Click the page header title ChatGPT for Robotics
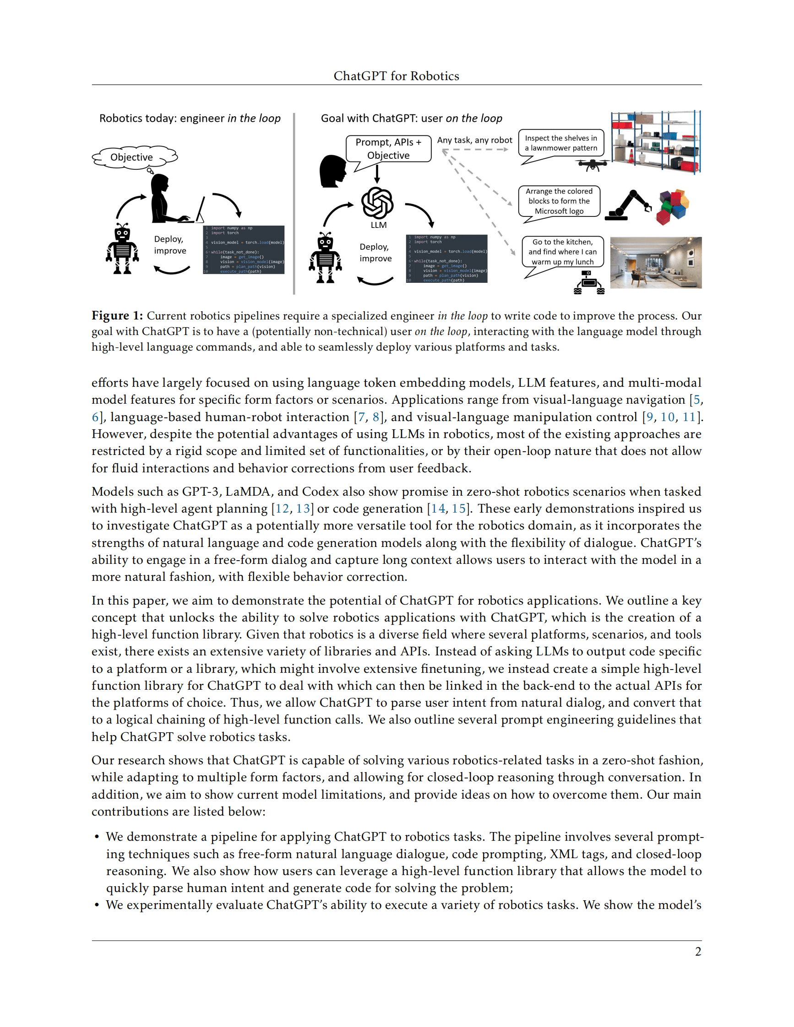(x=396, y=76)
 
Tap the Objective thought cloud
(x=132, y=157)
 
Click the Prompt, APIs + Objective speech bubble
(x=389, y=149)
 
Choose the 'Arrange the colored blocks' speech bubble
(x=559, y=201)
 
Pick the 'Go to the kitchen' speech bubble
(x=563, y=252)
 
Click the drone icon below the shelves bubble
(x=592, y=165)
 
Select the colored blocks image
(x=674, y=206)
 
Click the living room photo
(x=656, y=262)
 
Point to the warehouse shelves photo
(x=656, y=142)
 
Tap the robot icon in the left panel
(x=122, y=249)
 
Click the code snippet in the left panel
(x=244, y=250)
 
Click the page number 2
(x=698, y=951)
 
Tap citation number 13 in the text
(x=303, y=508)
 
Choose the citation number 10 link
(x=667, y=417)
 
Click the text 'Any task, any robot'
(x=474, y=140)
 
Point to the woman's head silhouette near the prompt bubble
(x=332, y=171)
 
